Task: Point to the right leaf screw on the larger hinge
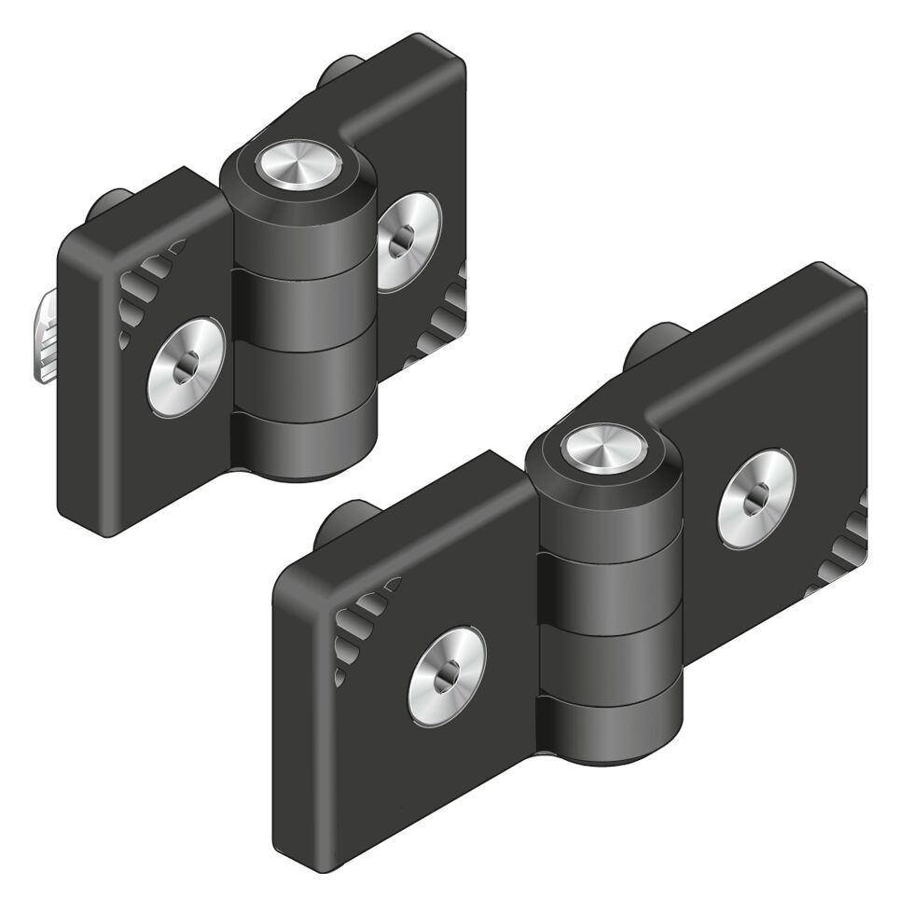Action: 756,498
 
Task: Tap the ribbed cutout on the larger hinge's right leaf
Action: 844,550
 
